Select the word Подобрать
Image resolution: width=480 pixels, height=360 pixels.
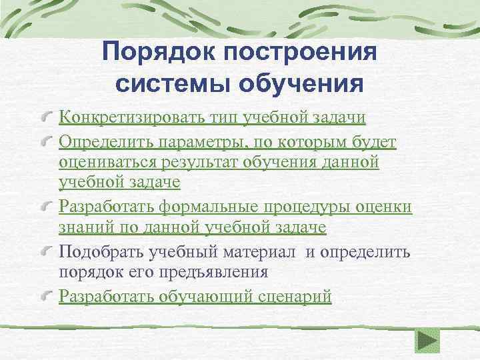point(97,251)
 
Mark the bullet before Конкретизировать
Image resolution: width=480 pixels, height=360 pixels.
point(47,119)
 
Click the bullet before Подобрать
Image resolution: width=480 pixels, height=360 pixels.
point(47,253)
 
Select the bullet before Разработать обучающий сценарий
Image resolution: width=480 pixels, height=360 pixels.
point(47,297)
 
